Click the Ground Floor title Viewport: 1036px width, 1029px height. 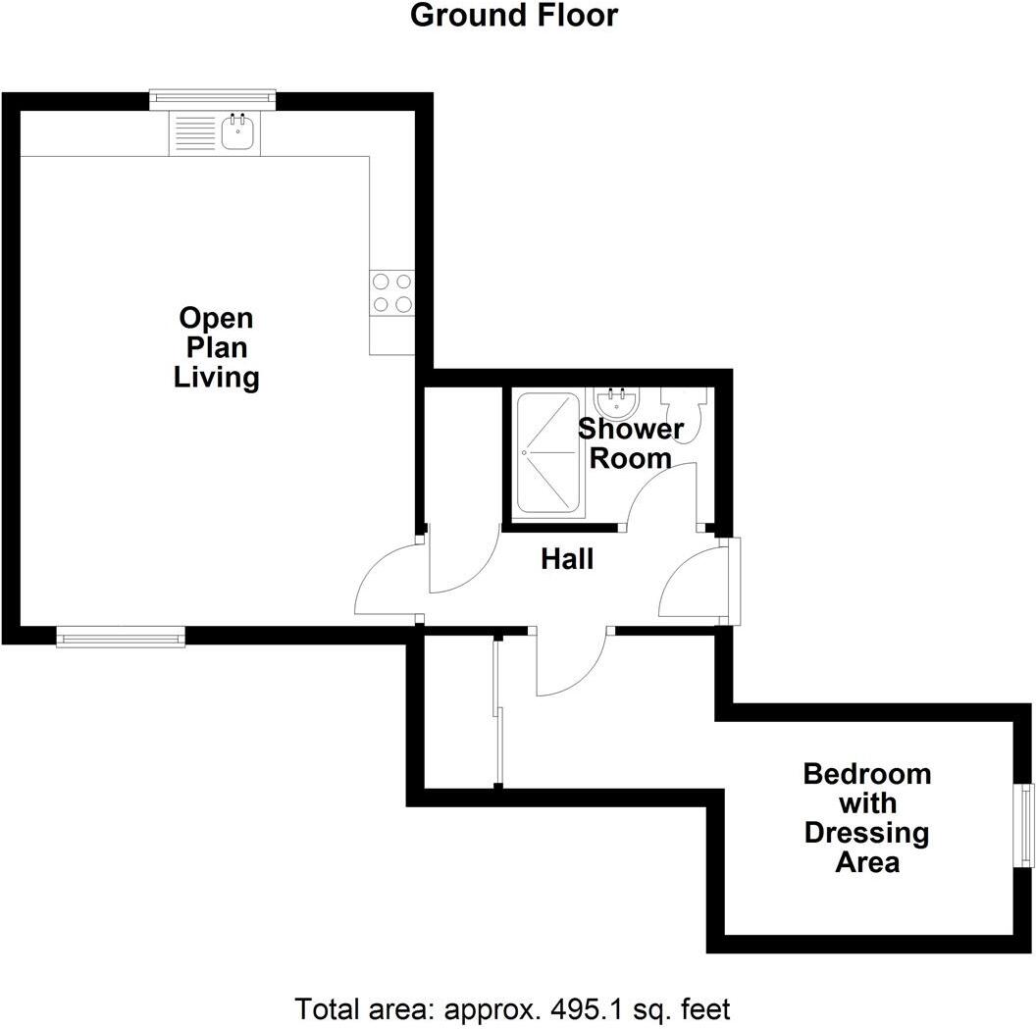(513, 16)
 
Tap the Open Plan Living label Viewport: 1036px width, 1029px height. (216, 347)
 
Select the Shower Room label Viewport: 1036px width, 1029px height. (630, 442)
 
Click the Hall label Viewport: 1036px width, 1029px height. (567, 559)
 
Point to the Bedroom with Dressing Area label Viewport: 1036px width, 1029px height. (866, 817)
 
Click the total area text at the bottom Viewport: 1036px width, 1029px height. (513, 1007)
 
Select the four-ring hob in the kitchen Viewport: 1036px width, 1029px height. (391, 293)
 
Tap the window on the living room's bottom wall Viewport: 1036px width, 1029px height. (121, 639)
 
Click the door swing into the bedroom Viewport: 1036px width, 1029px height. (569, 665)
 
